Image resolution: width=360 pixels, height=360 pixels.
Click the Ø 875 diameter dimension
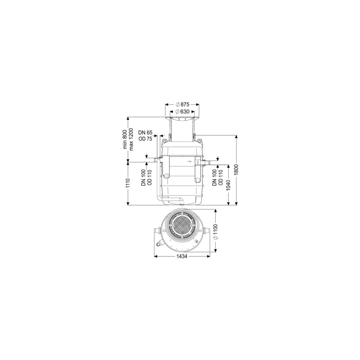[x=182, y=104]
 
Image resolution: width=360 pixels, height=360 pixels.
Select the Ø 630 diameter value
[x=182, y=112]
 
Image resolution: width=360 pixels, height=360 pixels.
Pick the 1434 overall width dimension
[x=182, y=256]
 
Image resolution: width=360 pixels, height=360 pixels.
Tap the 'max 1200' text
[x=131, y=139]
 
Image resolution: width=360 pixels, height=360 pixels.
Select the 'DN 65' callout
[x=145, y=132]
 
